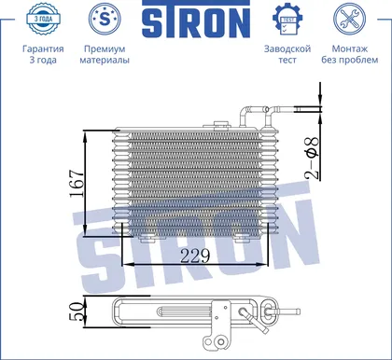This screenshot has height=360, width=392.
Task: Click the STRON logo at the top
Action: (x=196, y=19)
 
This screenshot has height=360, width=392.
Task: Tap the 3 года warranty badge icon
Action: (x=43, y=19)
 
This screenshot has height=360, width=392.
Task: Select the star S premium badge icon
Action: (x=105, y=19)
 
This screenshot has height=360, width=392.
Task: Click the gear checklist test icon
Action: (x=287, y=20)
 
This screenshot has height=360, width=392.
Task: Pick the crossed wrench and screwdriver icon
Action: (x=349, y=19)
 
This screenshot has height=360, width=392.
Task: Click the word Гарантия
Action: (x=43, y=48)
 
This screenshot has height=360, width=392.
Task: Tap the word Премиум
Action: (x=105, y=48)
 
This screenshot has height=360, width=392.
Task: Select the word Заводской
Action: (x=287, y=49)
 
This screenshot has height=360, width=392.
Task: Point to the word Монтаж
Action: (x=350, y=48)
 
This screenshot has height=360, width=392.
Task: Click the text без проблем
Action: (x=350, y=60)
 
